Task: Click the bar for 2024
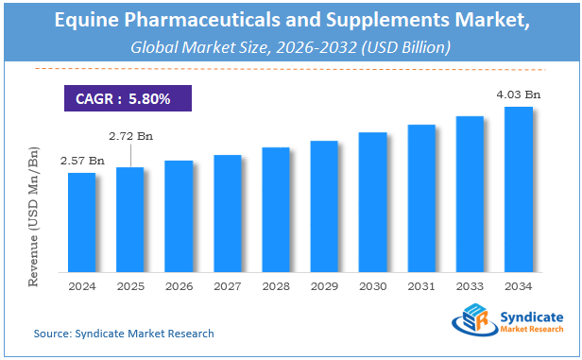[x=81, y=223]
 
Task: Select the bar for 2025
[x=130, y=220]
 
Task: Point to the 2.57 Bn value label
[x=79, y=162]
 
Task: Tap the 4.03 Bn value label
[x=519, y=94]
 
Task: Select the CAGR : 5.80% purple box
[x=128, y=97]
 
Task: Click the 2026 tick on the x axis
[x=179, y=286]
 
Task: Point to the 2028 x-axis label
[x=276, y=286]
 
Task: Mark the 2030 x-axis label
[x=373, y=286]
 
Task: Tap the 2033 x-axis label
[x=470, y=286]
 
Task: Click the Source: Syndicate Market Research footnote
[x=124, y=334]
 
